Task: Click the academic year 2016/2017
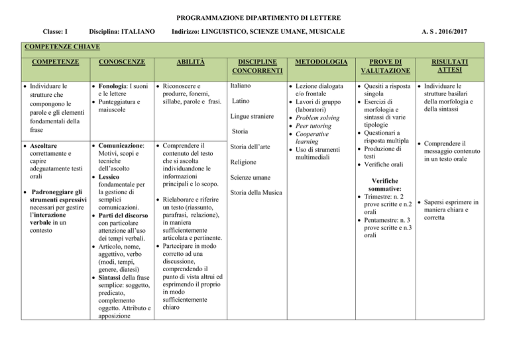click(476, 32)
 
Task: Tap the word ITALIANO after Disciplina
click(137, 32)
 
